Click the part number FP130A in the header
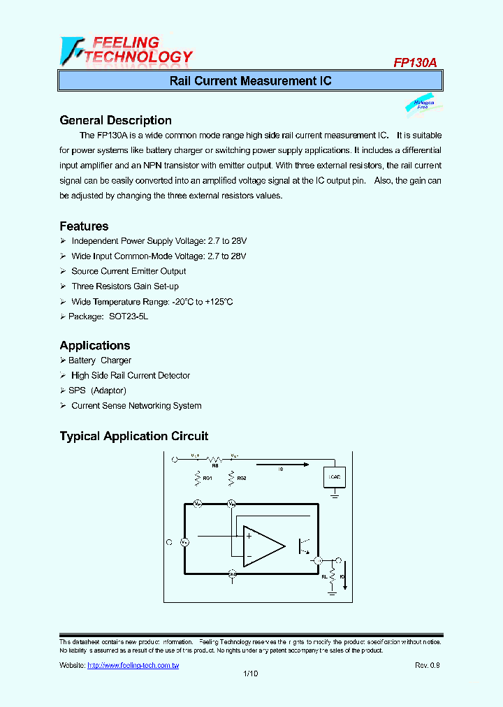click(x=415, y=62)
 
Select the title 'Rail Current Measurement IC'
click(x=250, y=81)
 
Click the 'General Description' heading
click(x=115, y=120)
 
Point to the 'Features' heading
click(x=84, y=226)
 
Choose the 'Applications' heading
click(x=95, y=346)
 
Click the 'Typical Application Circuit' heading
click(x=134, y=437)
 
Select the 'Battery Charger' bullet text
click(x=100, y=360)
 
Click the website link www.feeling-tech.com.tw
click(x=133, y=666)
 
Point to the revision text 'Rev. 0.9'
click(x=428, y=666)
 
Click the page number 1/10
click(x=250, y=674)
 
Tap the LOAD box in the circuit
click(x=335, y=478)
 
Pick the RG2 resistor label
click(x=242, y=479)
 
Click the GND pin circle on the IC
click(x=233, y=574)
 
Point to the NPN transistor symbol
click(x=306, y=543)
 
